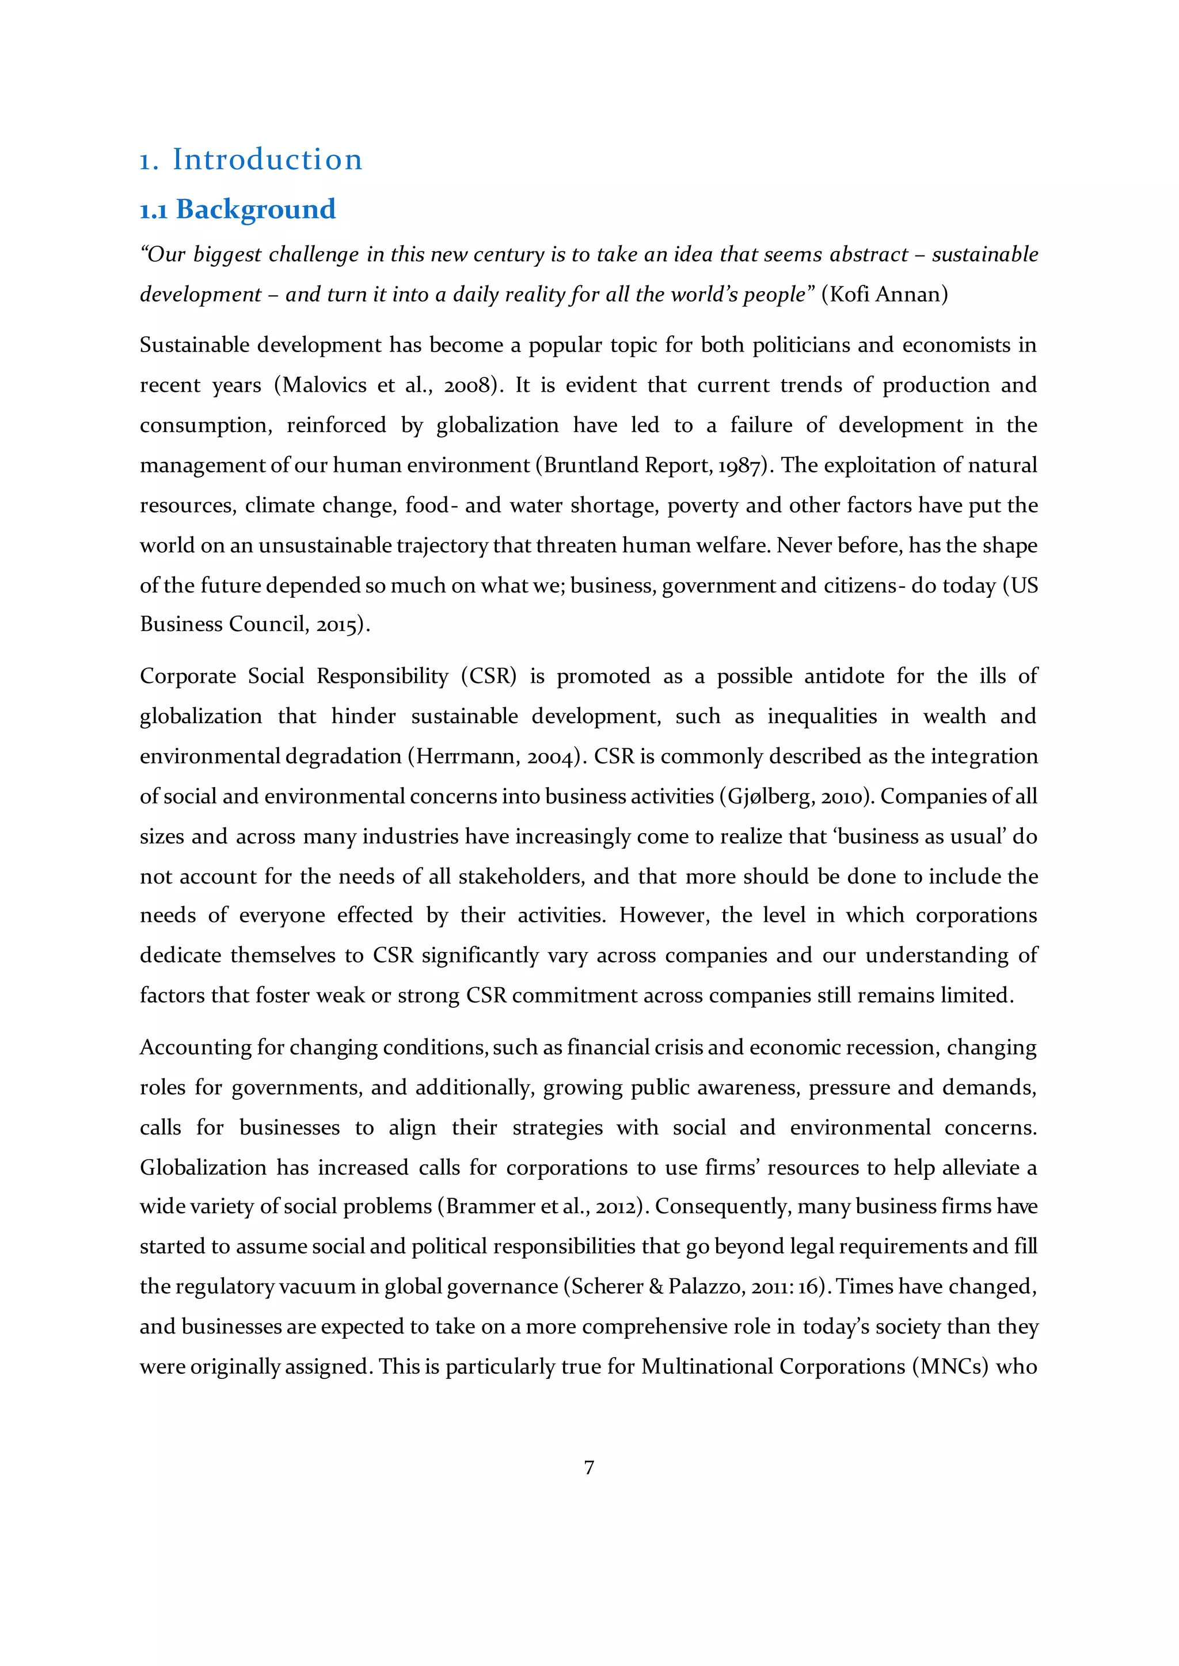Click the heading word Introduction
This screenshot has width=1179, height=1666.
point(267,159)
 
